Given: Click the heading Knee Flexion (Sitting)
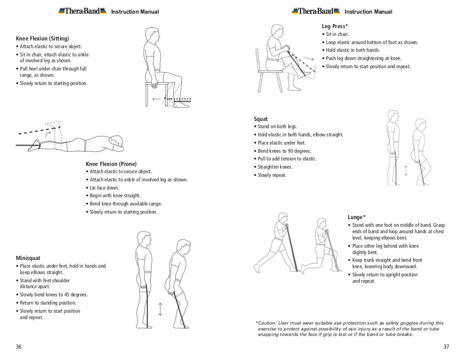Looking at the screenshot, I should tap(43, 38).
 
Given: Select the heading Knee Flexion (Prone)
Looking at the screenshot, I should tap(111, 164).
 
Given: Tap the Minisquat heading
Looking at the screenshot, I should tap(29, 258).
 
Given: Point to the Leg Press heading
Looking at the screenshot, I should tap(335, 26).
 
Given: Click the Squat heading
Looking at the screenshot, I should tap(261, 119).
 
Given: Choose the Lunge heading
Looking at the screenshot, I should tap(356, 217).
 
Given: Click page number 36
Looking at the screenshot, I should tap(19, 347).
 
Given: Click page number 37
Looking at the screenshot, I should tap(445, 347).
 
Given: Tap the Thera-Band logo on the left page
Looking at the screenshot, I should tap(82, 11).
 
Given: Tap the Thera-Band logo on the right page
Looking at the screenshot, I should tap(316, 11).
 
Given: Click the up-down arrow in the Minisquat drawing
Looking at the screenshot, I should tap(160, 309).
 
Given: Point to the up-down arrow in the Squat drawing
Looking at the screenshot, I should tap(406, 170).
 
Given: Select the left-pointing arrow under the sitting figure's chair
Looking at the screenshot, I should tap(157, 99).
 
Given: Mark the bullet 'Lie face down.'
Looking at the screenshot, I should tap(104, 188).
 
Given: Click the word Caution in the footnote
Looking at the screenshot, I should tap(271, 323).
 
